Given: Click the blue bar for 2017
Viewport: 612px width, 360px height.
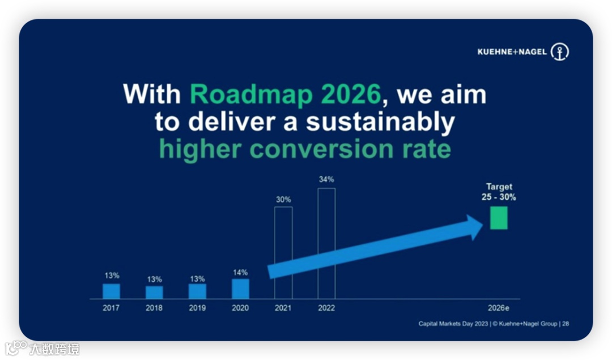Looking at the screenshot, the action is pyautogui.click(x=111, y=291).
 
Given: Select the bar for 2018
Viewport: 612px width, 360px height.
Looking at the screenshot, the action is pyautogui.click(x=154, y=293).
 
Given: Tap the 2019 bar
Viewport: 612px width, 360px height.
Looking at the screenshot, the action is pyautogui.click(x=197, y=291).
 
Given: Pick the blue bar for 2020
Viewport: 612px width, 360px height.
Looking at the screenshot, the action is pyautogui.click(x=240, y=289).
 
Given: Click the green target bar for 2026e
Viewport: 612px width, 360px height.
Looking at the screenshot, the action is pyautogui.click(x=499, y=218).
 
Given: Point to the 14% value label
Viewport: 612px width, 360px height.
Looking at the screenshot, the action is pyautogui.click(x=240, y=273).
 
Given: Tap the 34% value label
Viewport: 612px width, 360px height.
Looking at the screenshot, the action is pyautogui.click(x=326, y=180).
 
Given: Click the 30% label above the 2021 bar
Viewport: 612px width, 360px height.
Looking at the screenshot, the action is pyautogui.click(x=283, y=200).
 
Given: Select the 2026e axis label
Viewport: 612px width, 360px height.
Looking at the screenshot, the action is pyautogui.click(x=499, y=308).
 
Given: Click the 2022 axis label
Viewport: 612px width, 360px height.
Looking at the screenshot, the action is pyautogui.click(x=326, y=308).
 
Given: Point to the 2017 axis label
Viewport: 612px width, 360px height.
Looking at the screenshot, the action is pyautogui.click(x=111, y=308).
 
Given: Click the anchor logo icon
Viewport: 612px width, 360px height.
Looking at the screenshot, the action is pyautogui.click(x=560, y=52).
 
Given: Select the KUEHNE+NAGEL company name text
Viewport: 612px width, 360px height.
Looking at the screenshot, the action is pyautogui.click(x=512, y=52).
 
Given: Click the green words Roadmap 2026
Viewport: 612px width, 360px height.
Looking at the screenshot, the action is pyautogui.click(x=285, y=95).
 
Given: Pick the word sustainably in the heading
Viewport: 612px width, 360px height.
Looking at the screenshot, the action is pyautogui.click(x=381, y=123).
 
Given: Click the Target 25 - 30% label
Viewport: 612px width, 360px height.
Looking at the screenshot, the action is pyautogui.click(x=499, y=192).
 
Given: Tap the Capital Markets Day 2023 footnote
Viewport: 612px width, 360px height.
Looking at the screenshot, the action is pyautogui.click(x=453, y=324).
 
